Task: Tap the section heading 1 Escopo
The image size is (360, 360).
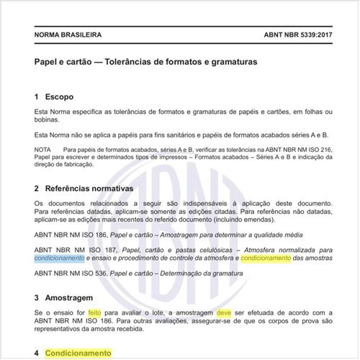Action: (x=54, y=96)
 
